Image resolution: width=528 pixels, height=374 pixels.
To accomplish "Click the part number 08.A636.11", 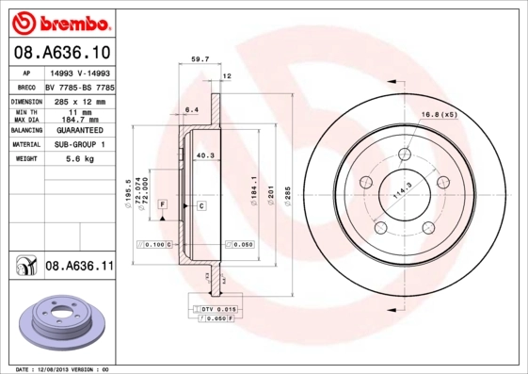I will pos(79,267).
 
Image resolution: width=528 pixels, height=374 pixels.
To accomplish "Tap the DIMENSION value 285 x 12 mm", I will pos(79,99).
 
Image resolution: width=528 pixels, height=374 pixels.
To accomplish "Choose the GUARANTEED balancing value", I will pos(79,129).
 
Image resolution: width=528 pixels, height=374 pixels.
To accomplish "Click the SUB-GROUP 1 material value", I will pos(79,145).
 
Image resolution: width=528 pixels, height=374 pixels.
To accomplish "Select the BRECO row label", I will pos(26,86).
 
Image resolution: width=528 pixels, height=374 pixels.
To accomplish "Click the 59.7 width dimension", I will pos(200,58).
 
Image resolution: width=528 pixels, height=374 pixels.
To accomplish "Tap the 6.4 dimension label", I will pos(190,110).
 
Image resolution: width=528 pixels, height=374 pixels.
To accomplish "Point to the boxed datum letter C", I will pos(201,204).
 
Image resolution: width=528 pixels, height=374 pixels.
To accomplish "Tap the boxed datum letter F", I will pos(162,204).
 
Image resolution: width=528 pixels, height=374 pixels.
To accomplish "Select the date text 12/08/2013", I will pos(63,368).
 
